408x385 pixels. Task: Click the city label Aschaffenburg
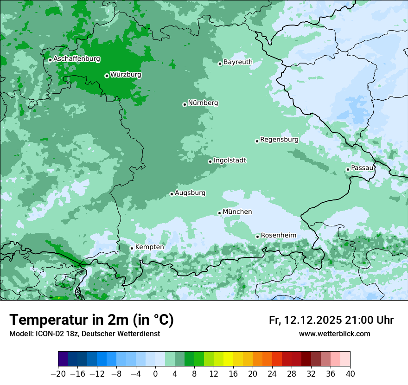click(76, 59)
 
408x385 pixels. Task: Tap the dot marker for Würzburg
click(107, 76)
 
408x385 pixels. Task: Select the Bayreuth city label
click(238, 62)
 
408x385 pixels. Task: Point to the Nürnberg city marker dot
click(185, 104)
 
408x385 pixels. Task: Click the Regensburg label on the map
click(279, 139)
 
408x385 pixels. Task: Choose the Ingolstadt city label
click(229, 160)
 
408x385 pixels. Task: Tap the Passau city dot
click(348, 169)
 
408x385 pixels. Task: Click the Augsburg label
click(190, 193)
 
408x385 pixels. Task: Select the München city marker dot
click(219, 213)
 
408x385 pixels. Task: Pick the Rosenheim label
click(278, 236)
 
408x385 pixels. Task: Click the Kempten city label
click(149, 247)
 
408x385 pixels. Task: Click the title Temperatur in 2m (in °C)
click(91, 320)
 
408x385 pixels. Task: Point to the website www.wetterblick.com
click(334, 334)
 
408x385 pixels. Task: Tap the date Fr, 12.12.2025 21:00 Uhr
click(331, 320)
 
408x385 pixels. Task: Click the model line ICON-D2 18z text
click(84, 334)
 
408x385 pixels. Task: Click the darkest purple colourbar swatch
click(63, 359)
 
